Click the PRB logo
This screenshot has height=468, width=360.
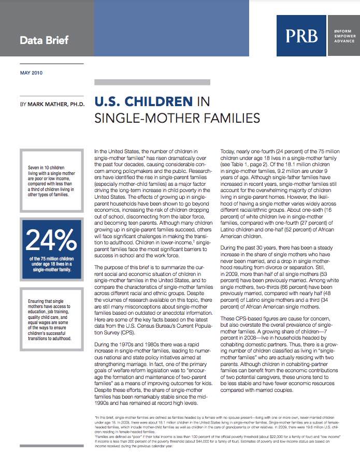301,36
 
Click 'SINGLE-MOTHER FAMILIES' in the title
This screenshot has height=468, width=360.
177,119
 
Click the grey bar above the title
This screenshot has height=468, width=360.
152,82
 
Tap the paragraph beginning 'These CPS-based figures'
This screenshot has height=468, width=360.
280,347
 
